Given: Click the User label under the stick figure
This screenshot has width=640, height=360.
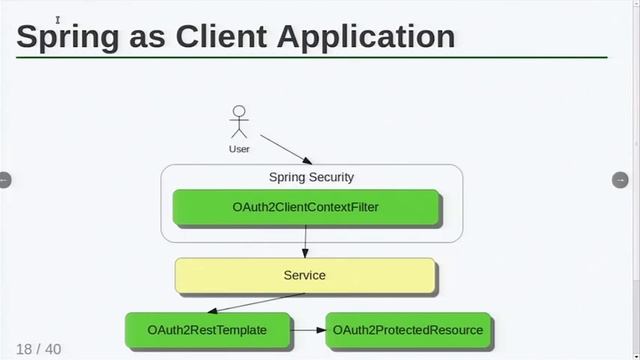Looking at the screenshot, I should click(x=238, y=149).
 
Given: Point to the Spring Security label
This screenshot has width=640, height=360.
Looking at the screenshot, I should click(x=311, y=177).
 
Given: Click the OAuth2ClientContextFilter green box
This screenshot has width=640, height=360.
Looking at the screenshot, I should click(x=306, y=207).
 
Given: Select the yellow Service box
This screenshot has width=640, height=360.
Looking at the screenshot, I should click(x=305, y=275).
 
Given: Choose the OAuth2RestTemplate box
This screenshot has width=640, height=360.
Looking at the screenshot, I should click(x=207, y=329).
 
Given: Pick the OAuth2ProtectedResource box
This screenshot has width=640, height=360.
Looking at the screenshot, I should click(x=408, y=329).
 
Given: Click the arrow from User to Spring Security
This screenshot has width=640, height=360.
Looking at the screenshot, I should click(x=286, y=148).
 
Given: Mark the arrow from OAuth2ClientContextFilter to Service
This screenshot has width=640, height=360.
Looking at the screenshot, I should click(x=305, y=241).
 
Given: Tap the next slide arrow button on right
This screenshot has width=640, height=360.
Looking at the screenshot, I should click(x=619, y=180).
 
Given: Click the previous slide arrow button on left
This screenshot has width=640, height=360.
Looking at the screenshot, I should click(x=4, y=180).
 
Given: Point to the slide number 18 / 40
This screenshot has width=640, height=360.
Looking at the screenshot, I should click(x=39, y=349).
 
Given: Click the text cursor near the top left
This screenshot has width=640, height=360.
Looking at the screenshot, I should click(x=58, y=19).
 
